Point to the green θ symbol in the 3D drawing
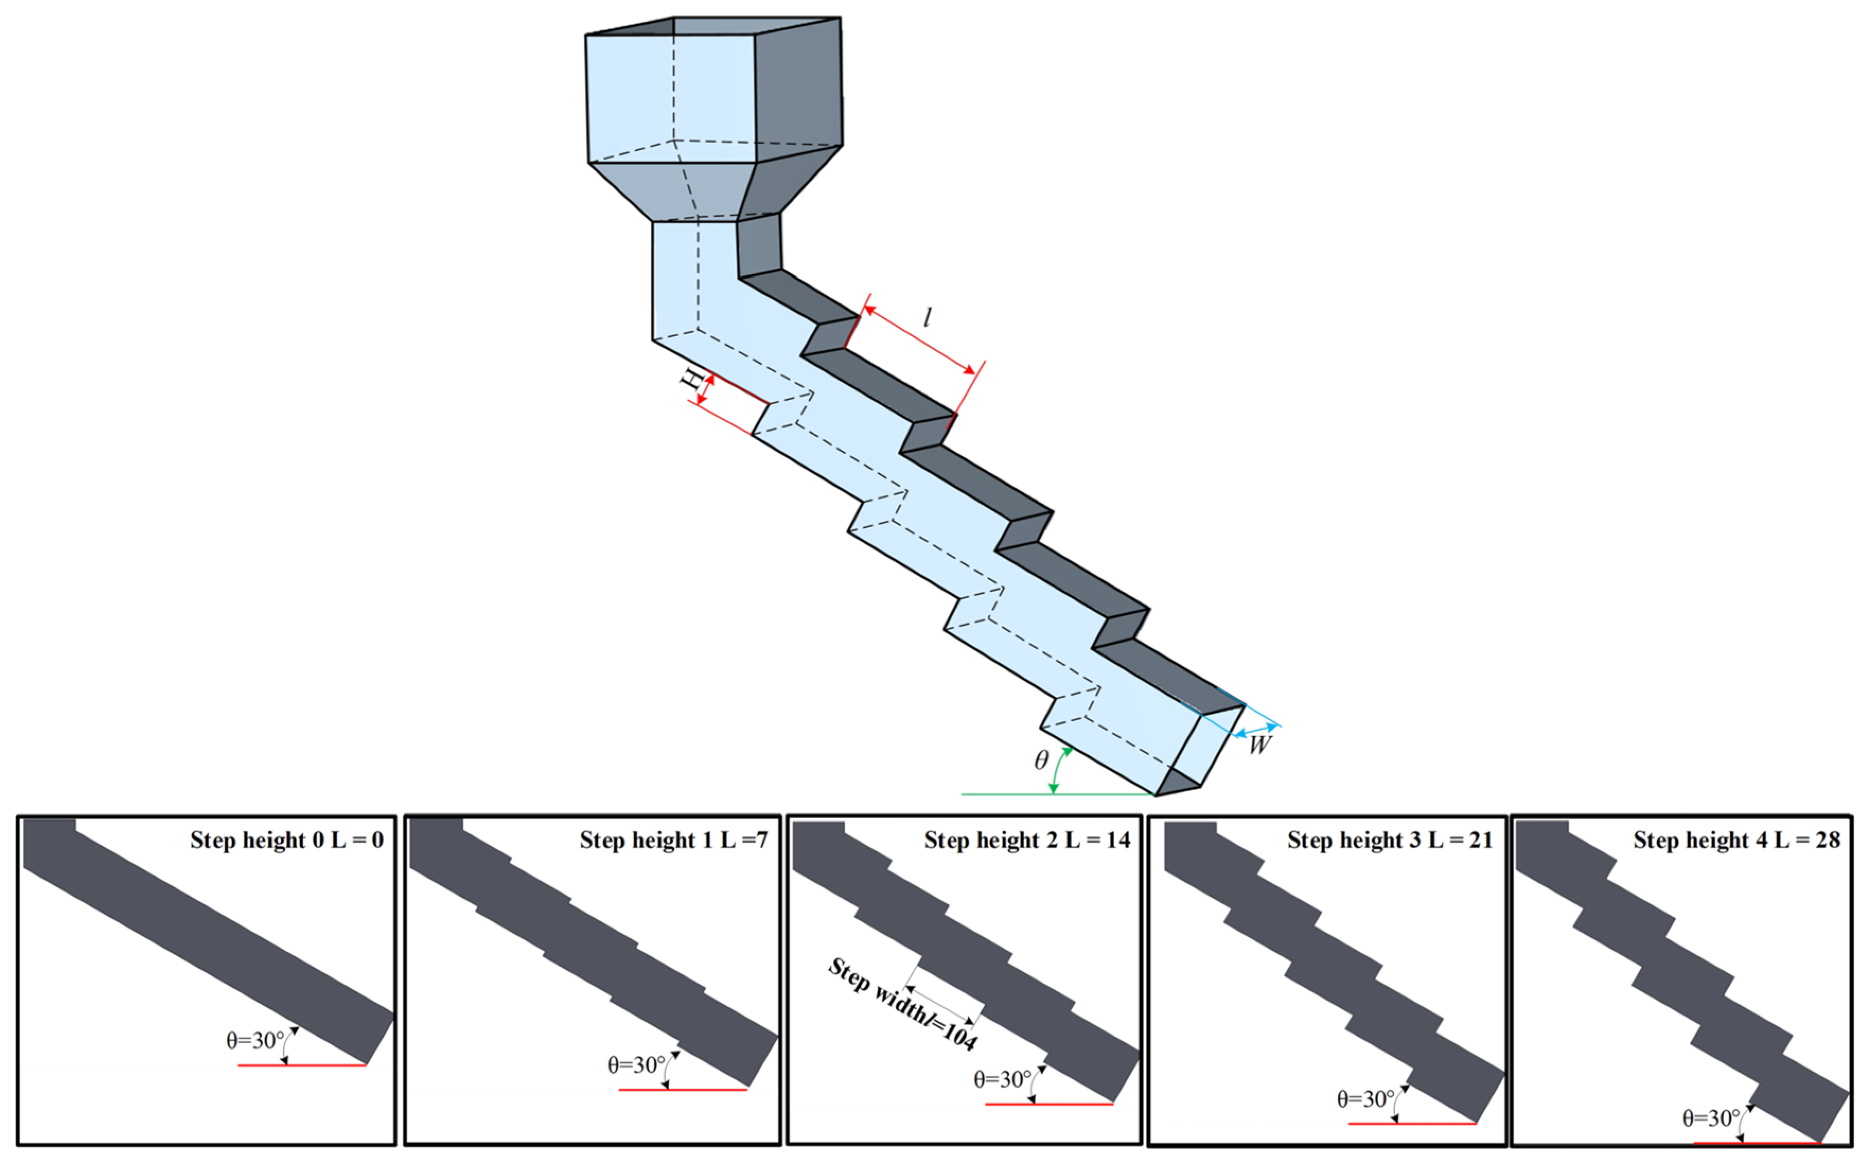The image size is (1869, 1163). click(1041, 760)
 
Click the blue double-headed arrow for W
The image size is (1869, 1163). click(1256, 731)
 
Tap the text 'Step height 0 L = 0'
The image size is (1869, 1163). click(287, 840)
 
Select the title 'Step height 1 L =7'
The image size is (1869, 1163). click(674, 840)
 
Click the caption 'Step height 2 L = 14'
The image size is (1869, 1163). click(1027, 840)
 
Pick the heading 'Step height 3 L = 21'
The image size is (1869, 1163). click(1390, 840)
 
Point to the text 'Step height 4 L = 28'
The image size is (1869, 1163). click(1737, 840)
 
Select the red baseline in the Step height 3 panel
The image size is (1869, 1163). click(1412, 1124)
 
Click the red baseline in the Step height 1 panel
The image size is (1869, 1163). click(683, 1090)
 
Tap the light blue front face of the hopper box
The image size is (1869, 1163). click(671, 99)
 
